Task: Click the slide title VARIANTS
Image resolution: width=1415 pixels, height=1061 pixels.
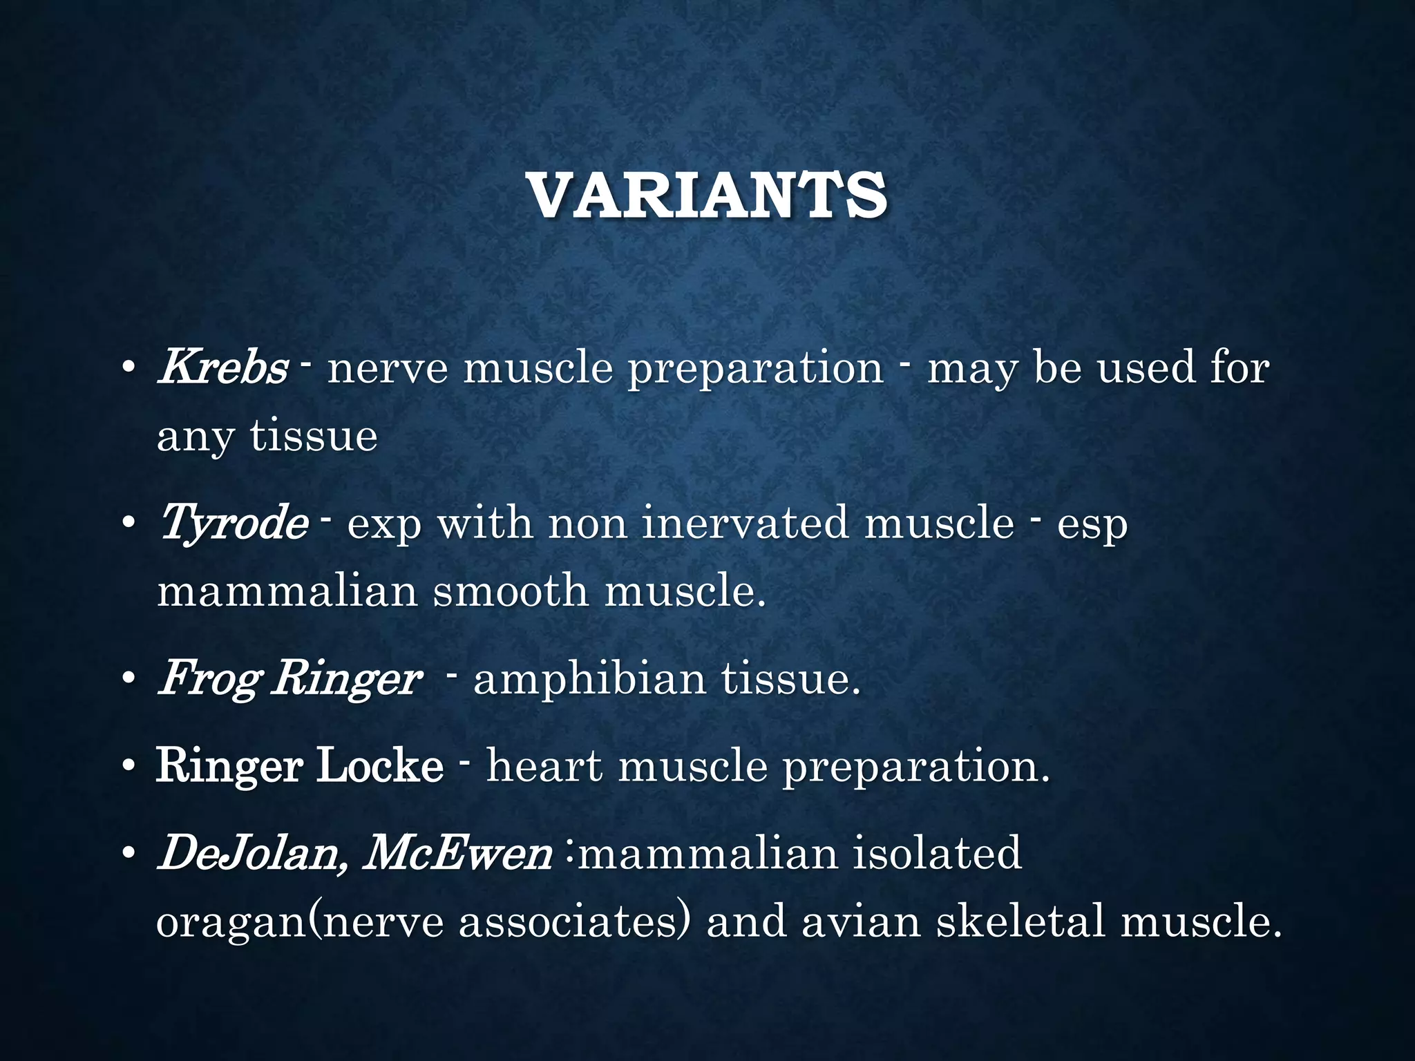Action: pyautogui.click(x=707, y=196)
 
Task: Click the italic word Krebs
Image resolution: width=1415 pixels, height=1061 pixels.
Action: pyautogui.click(x=222, y=367)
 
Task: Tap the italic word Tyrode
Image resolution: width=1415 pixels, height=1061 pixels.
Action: pyautogui.click(x=234, y=523)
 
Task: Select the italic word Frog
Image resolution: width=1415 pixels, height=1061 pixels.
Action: pyautogui.click(x=208, y=679)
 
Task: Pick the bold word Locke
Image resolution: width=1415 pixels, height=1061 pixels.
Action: pyautogui.click(x=379, y=766)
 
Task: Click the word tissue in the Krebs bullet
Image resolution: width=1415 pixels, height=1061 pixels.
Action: pyautogui.click(x=314, y=437)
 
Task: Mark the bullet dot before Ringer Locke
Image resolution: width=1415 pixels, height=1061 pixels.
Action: pyautogui.click(x=128, y=768)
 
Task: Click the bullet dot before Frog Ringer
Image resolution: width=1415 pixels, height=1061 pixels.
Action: pyautogui.click(x=128, y=680)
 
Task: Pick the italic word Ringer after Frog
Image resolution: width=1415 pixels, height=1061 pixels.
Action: pyautogui.click(x=345, y=679)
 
